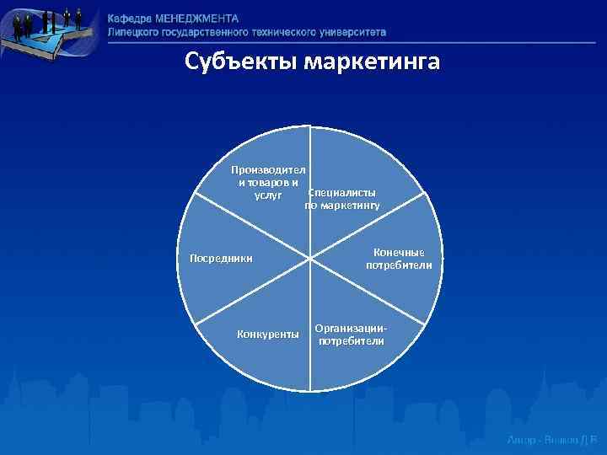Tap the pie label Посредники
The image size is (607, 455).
click(222, 258)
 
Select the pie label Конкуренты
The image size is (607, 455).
click(268, 334)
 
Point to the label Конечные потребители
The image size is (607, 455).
click(399, 259)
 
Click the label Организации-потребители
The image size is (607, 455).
click(351, 334)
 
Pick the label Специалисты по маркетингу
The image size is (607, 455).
click(342, 199)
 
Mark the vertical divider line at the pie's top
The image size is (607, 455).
click(309, 143)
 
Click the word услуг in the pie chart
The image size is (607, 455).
click(268, 195)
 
